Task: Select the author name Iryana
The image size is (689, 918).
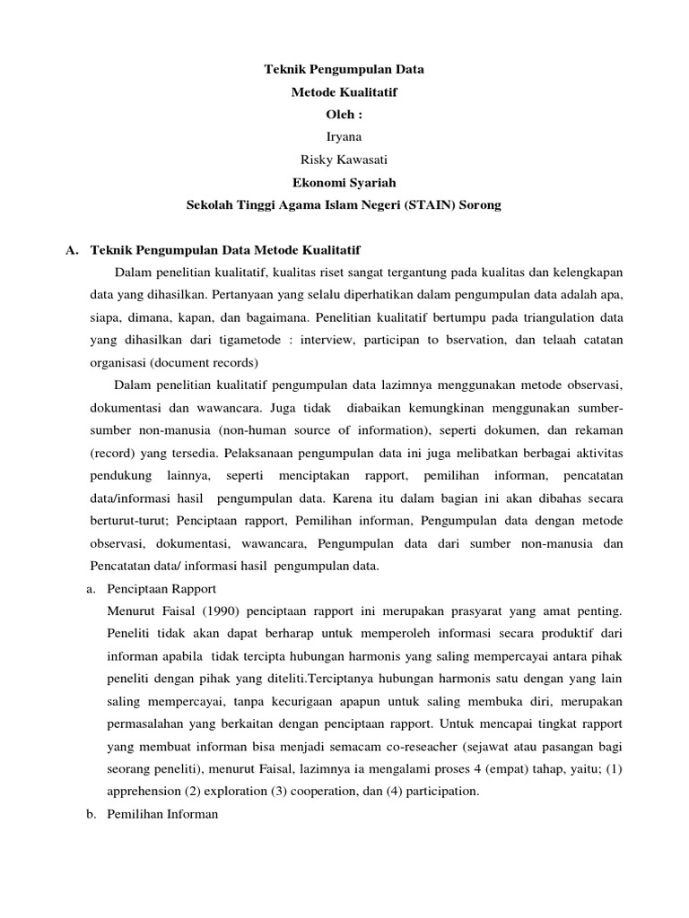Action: (x=344, y=137)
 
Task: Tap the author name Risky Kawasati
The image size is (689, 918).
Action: (x=344, y=160)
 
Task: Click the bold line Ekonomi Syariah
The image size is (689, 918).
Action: (x=344, y=182)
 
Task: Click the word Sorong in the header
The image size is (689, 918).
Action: (x=480, y=205)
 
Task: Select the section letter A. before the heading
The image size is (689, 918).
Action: (x=72, y=249)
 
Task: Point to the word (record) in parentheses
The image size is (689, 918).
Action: (x=111, y=453)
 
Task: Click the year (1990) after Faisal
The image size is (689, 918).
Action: (x=213, y=611)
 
